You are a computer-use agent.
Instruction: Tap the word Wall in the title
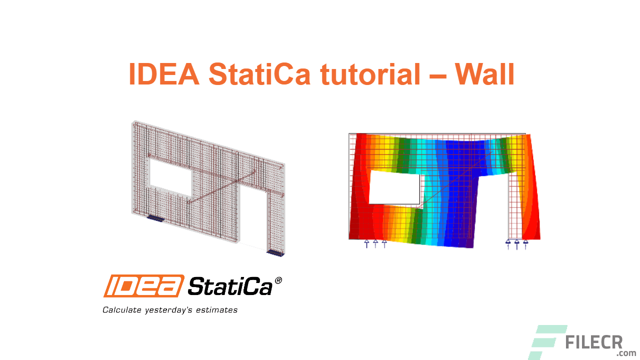pos(484,74)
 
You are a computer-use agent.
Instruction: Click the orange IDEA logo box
pos(143,285)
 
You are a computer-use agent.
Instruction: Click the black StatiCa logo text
pos(230,286)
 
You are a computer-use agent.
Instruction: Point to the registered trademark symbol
pos(278,281)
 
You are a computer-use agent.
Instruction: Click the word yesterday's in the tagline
pos(169,310)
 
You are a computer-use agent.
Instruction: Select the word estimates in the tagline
pos(217,310)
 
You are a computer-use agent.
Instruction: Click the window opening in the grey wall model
pos(170,177)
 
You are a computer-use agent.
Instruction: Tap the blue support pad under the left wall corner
pos(154,218)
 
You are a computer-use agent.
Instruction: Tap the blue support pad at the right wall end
pos(275,253)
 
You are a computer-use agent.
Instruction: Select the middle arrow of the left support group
pos(375,243)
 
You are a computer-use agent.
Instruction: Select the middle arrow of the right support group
pos(517,244)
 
